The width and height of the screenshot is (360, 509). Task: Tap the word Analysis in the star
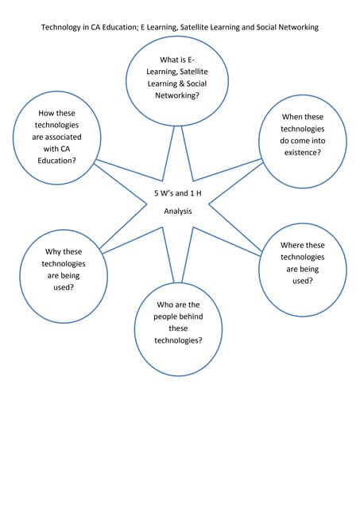point(178,212)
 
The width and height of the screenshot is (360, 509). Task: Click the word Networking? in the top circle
point(177,95)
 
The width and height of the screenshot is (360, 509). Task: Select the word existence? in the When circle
point(302,152)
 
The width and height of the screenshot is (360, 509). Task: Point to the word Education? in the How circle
point(55,160)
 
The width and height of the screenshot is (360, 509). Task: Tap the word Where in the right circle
point(292,245)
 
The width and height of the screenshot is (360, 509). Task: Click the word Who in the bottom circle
point(166,305)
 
